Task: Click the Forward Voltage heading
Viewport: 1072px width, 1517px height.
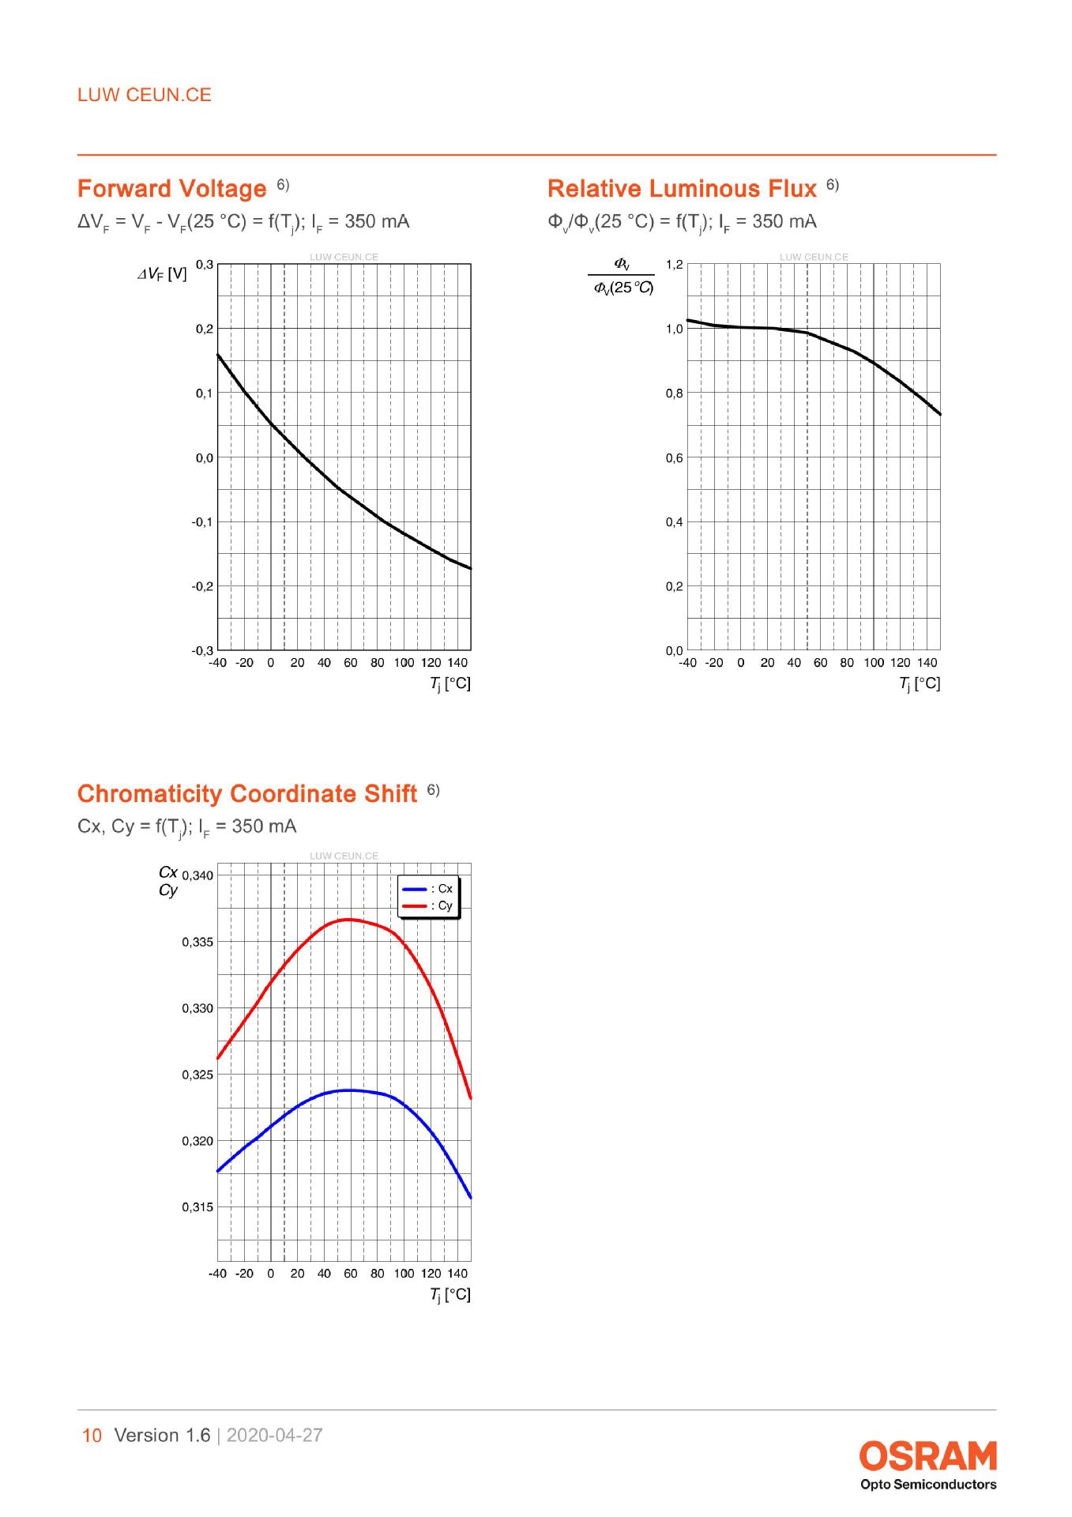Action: point(172,189)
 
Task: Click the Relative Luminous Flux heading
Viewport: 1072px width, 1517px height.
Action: point(682,189)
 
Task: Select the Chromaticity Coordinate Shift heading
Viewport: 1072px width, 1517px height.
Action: point(247,793)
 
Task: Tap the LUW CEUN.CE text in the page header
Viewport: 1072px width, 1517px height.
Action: point(145,95)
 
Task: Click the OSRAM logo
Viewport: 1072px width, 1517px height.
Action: point(928,1456)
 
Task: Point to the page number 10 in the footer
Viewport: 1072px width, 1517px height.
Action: point(92,1436)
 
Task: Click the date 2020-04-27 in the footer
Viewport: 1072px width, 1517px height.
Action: point(275,1436)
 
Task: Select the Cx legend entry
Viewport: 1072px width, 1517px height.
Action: point(427,889)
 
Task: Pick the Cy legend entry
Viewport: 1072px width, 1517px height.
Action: point(427,905)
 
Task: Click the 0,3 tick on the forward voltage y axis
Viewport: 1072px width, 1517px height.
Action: point(204,264)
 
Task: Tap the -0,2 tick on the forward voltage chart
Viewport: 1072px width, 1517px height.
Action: point(201,586)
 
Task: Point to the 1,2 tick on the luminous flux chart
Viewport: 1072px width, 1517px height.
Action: point(674,264)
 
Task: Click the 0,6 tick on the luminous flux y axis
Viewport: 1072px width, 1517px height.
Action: point(674,457)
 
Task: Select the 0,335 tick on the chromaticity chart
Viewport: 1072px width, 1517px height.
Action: point(197,942)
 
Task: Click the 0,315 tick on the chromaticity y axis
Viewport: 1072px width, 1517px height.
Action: point(197,1207)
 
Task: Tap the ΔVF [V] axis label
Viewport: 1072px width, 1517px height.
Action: point(162,275)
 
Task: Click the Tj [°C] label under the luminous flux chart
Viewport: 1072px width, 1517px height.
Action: point(920,684)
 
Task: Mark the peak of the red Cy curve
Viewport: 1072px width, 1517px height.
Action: point(348,920)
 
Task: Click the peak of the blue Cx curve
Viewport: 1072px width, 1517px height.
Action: point(348,1090)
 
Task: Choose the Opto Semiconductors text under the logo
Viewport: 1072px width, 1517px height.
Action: point(928,1485)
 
